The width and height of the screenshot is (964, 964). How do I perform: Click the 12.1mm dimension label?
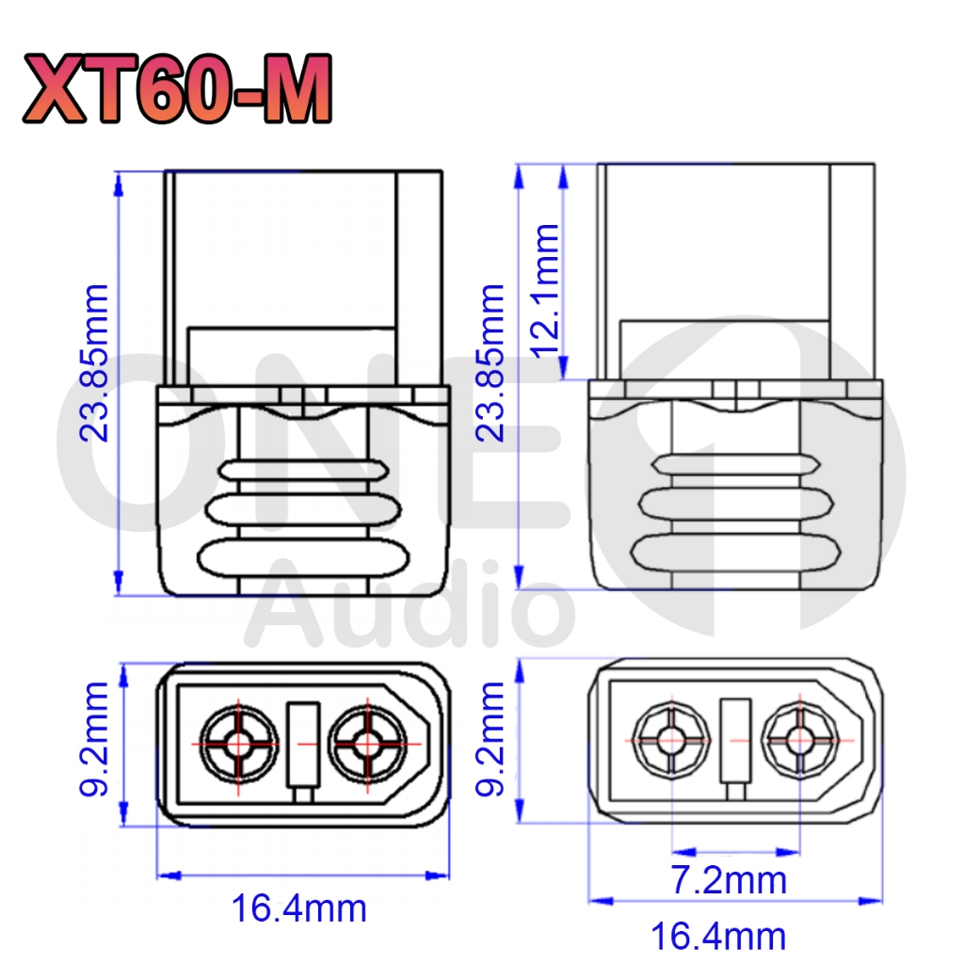545,290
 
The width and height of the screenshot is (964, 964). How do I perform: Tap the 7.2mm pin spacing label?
728,880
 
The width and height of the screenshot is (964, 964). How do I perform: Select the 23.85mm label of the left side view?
95,362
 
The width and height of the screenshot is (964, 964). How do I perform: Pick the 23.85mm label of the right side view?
490,362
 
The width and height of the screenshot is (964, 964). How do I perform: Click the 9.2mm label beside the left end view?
94,739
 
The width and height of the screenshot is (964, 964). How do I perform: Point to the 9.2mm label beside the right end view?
490,739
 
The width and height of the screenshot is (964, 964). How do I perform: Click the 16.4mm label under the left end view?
298,908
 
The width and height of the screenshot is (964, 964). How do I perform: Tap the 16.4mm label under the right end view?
718,937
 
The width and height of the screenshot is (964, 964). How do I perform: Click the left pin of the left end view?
239,744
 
